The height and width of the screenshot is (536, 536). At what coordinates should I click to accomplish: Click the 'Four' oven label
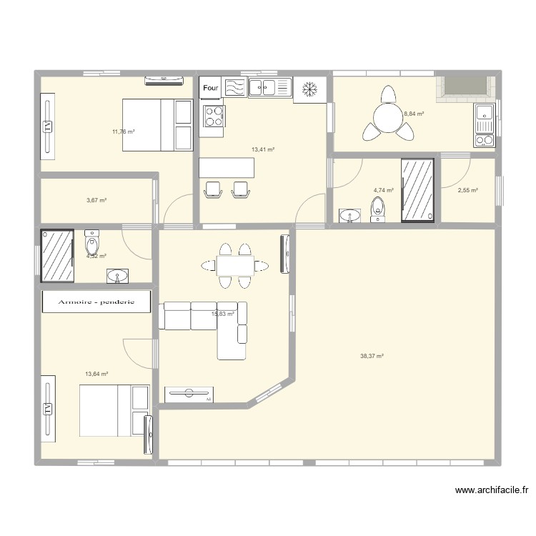210,88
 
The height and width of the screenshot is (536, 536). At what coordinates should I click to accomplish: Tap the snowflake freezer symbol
309,89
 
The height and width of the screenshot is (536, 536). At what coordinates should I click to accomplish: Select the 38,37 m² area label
372,356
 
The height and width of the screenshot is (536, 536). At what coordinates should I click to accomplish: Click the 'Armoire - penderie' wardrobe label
96,302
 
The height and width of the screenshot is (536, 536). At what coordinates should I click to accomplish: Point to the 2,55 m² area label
468,190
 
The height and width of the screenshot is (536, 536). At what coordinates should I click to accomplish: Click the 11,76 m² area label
123,131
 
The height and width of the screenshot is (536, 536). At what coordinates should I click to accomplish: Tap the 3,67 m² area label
96,200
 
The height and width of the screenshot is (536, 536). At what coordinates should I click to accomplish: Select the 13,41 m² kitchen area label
263,150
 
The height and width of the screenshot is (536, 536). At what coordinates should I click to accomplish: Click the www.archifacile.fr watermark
491,490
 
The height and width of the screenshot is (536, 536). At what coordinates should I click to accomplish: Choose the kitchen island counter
227,168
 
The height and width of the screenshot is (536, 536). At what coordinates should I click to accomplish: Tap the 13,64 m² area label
96,374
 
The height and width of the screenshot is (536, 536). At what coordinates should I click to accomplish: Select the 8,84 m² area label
414,114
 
